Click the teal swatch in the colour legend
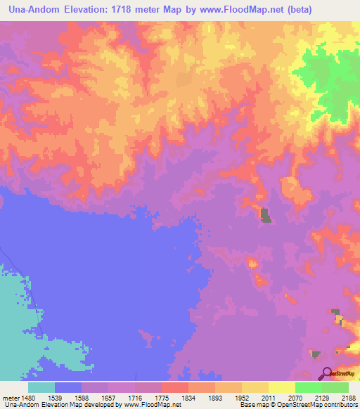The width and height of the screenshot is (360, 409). [41, 387]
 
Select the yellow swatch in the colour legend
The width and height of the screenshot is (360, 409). [282, 387]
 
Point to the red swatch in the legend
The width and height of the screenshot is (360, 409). [175, 387]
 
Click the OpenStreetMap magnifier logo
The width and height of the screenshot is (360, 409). [326, 372]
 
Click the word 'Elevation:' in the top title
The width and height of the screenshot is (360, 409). [97, 8]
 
